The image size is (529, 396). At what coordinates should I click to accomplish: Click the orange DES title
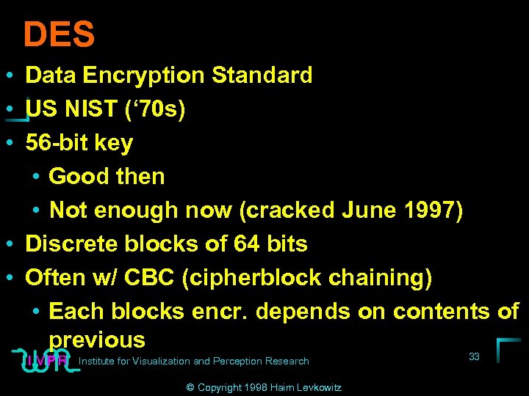tap(59, 34)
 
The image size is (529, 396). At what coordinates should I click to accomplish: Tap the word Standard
tap(262, 75)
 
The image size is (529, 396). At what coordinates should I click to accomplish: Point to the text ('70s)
tap(156, 109)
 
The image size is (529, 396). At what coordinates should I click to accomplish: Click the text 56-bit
tap(57, 142)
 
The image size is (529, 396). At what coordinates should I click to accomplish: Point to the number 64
tap(241, 243)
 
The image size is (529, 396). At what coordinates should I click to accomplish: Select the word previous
tap(97, 340)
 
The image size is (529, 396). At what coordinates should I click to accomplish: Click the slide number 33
tap(474, 356)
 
